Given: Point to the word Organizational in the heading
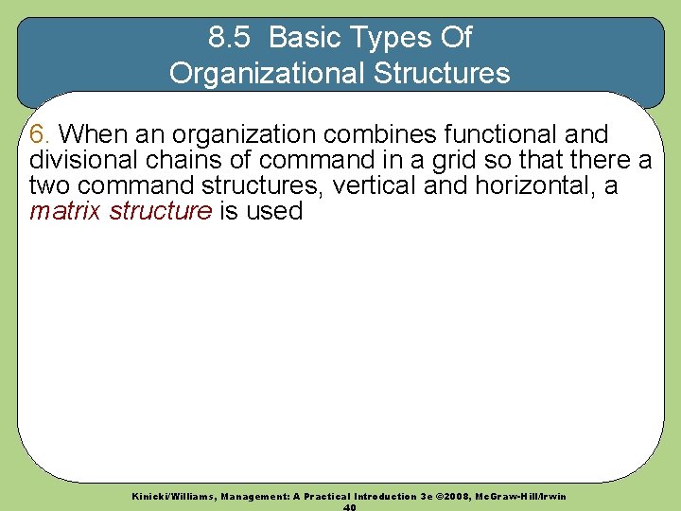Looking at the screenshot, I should [x=260, y=72].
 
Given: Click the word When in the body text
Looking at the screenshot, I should [x=92, y=133].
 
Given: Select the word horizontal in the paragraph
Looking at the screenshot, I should [x=529, y=185].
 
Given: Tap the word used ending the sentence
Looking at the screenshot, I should [x=273, y=210].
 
